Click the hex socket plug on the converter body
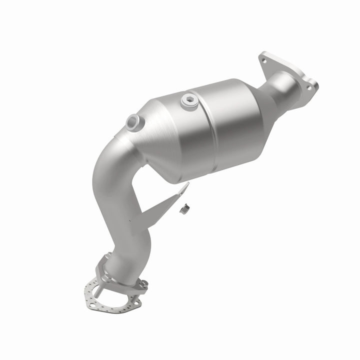[189, 100]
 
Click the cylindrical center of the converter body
[220, 127]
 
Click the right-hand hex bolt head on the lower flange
[143, 283]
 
